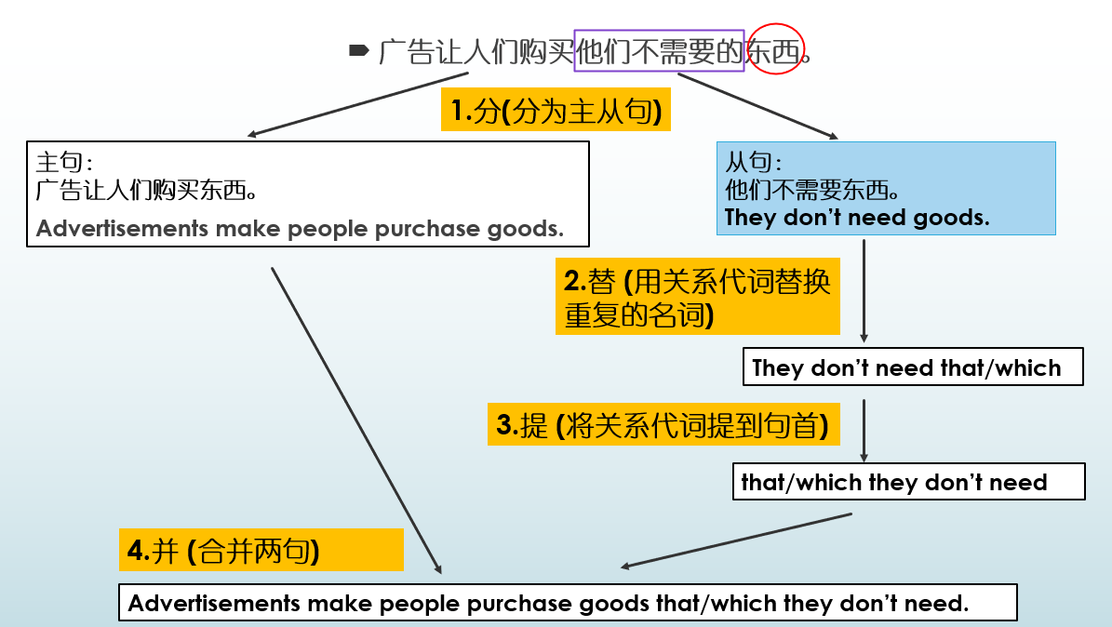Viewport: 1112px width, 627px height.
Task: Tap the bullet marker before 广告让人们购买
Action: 358,50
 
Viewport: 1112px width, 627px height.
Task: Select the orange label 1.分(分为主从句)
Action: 556,112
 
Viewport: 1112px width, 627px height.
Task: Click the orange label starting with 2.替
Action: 697,297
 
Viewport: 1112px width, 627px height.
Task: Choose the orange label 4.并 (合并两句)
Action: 261,550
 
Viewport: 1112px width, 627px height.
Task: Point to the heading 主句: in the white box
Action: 64,162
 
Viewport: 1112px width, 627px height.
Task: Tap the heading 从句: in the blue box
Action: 748,162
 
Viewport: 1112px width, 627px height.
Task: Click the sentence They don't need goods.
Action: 856,218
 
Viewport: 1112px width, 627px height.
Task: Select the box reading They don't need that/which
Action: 912,367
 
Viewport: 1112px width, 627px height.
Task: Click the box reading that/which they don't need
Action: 907,482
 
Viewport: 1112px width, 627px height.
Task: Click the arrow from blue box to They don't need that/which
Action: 864,290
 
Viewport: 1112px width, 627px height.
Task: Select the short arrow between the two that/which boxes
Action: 864,430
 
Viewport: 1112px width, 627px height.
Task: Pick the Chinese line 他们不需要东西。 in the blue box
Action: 811,191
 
